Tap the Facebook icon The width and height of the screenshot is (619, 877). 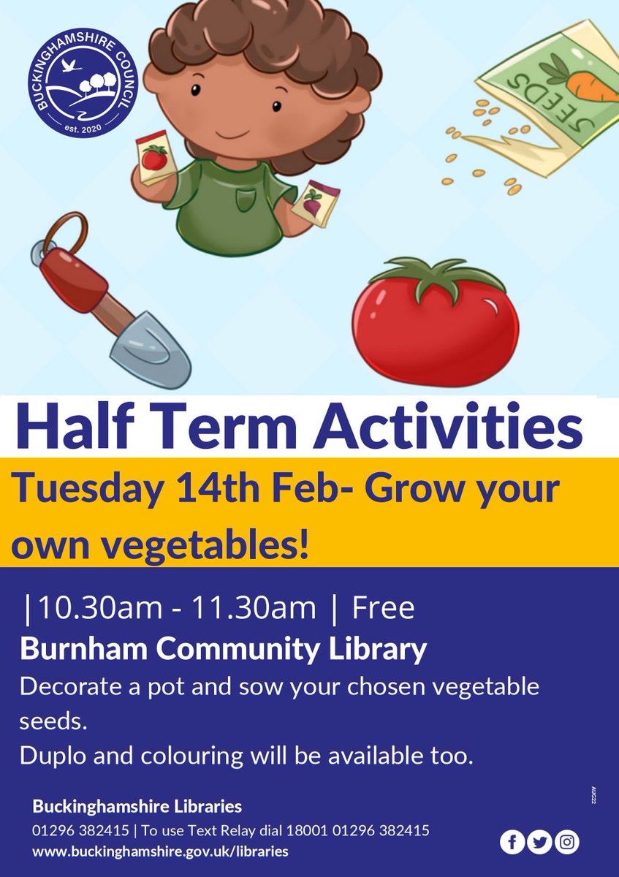click(512, 843)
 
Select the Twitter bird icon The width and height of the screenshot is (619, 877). click(540, 843)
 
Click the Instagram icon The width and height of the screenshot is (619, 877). click(567, 843)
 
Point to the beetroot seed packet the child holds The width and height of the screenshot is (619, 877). click(313, 201)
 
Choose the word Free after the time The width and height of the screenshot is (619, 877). click(383, 608)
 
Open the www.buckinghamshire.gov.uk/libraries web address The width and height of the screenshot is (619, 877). click(160, 851)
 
